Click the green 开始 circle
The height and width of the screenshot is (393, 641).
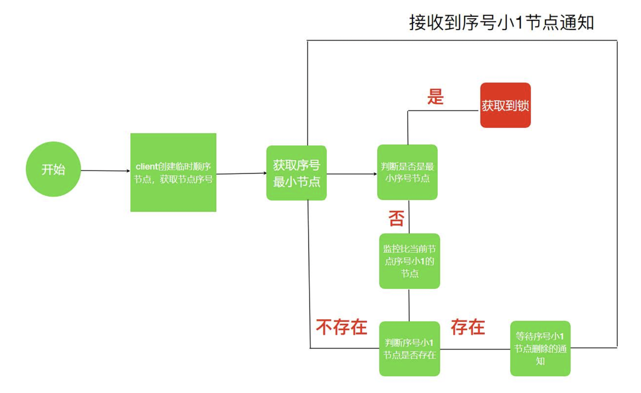53,169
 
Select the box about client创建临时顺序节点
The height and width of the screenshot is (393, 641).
173,172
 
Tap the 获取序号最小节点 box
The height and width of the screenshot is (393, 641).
296,173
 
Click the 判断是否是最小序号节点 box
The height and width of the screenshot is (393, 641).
407,172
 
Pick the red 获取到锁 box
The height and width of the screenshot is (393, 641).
505,105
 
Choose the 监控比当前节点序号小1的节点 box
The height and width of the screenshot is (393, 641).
409,261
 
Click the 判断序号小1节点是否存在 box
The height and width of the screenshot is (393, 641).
409,349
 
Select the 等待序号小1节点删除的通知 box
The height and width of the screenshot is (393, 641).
540,349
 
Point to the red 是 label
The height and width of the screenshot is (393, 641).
435,97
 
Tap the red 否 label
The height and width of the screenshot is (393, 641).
396,218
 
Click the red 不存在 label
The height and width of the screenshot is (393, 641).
341,327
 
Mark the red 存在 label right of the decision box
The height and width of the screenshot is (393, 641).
468,327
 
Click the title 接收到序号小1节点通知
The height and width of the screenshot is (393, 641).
501,23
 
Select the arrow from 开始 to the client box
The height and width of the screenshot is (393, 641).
105,171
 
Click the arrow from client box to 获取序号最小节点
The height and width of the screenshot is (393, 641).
241,173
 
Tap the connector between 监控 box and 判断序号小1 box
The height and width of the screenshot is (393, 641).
409,305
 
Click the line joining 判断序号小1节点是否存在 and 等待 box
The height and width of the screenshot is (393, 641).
475,349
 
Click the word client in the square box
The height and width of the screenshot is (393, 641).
147,166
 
